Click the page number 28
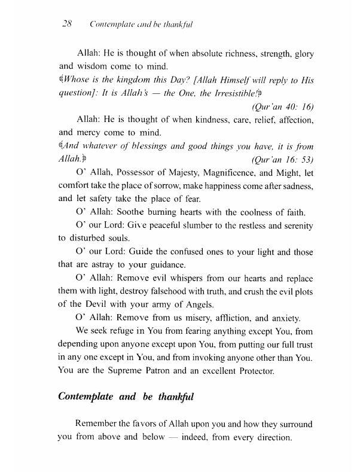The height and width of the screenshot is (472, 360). pos(67,25)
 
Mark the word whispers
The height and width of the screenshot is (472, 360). pos(181,279)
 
